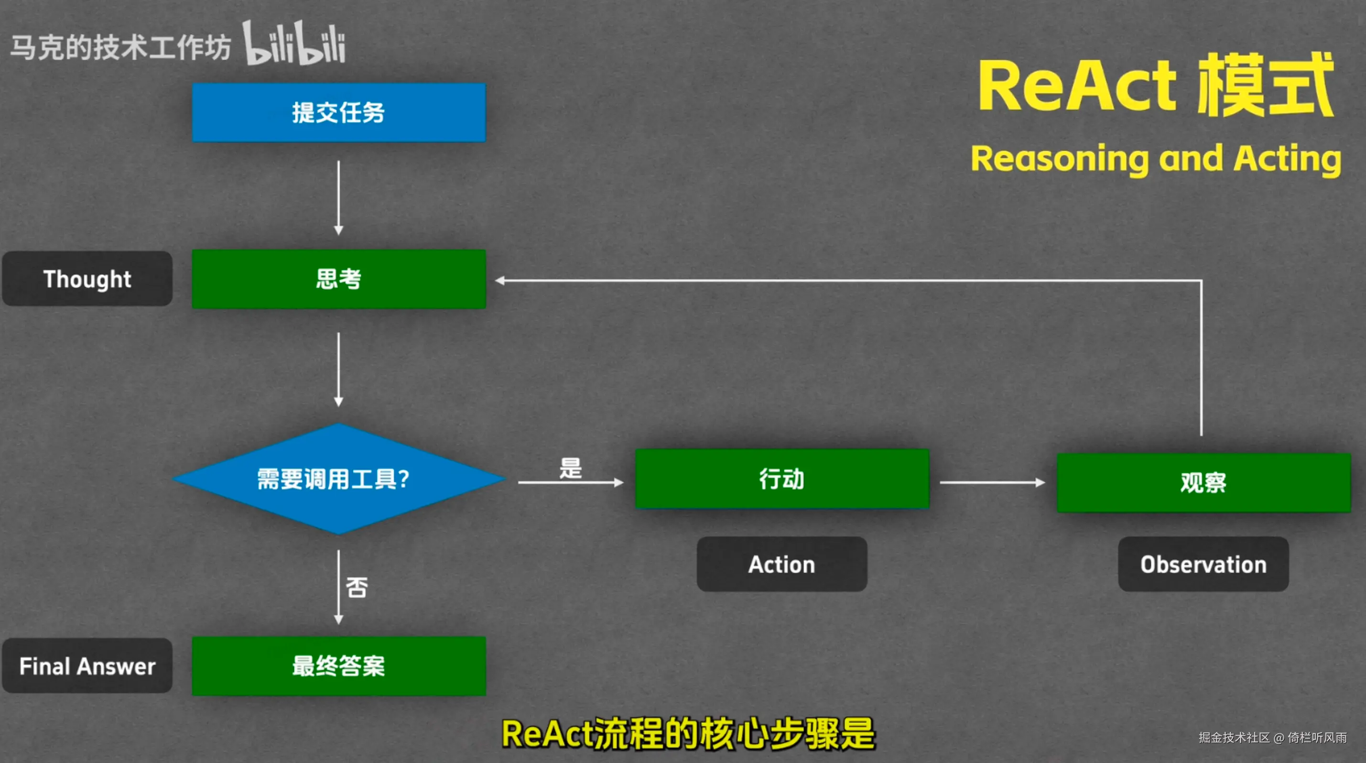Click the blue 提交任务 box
(339, 112)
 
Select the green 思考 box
(339, 279)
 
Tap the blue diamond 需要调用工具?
(339, 479)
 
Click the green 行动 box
(782, 479)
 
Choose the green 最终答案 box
(339, 666)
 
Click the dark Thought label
(87, 279)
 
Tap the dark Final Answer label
(87, 666)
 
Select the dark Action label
(782, 564)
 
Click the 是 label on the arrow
(571, 468)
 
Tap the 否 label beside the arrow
(357, 587)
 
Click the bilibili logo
(294, 44)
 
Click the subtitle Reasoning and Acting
(1156, 159)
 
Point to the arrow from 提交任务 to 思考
(339, 198)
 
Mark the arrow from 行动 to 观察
(993, 482)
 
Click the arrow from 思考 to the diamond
(339, 370)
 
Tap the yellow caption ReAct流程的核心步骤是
(688, 734)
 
